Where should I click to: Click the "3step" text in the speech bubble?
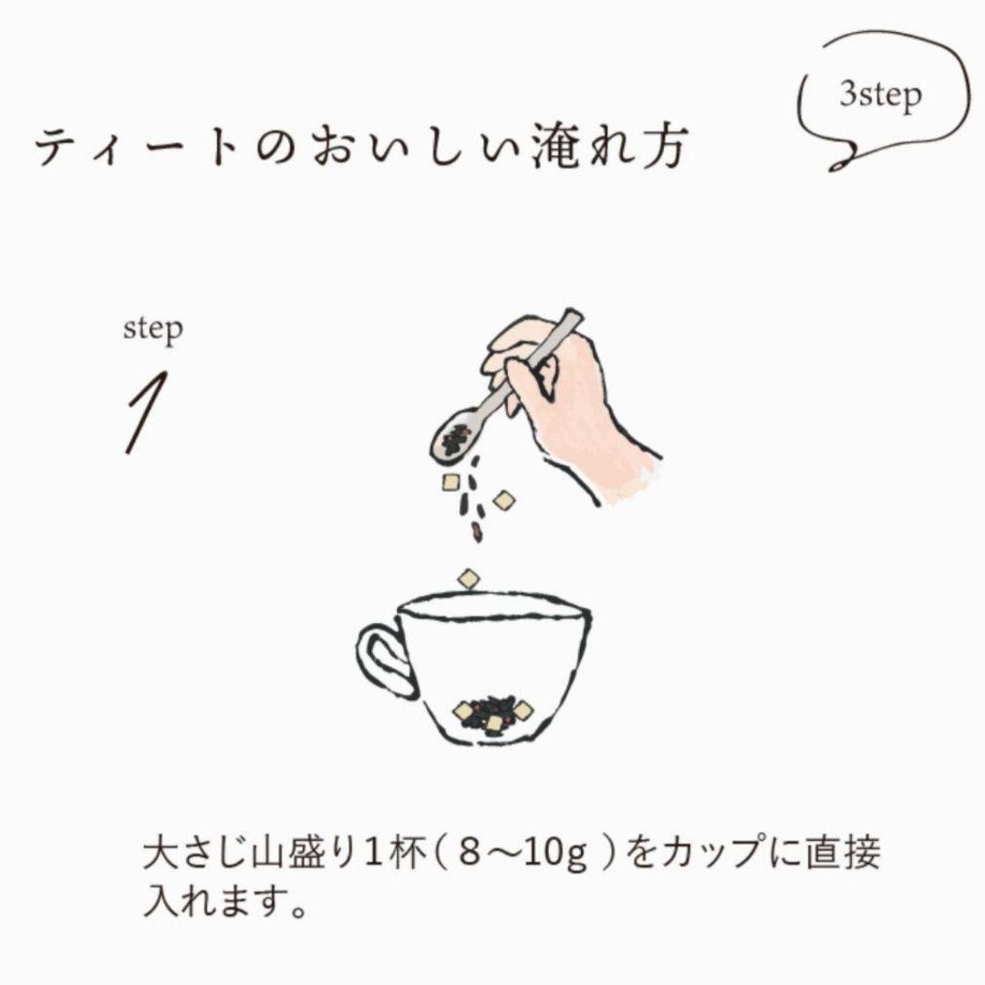coord(880,95)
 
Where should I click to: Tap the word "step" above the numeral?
coord(152,329)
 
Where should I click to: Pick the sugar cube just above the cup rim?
coord(469,577)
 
